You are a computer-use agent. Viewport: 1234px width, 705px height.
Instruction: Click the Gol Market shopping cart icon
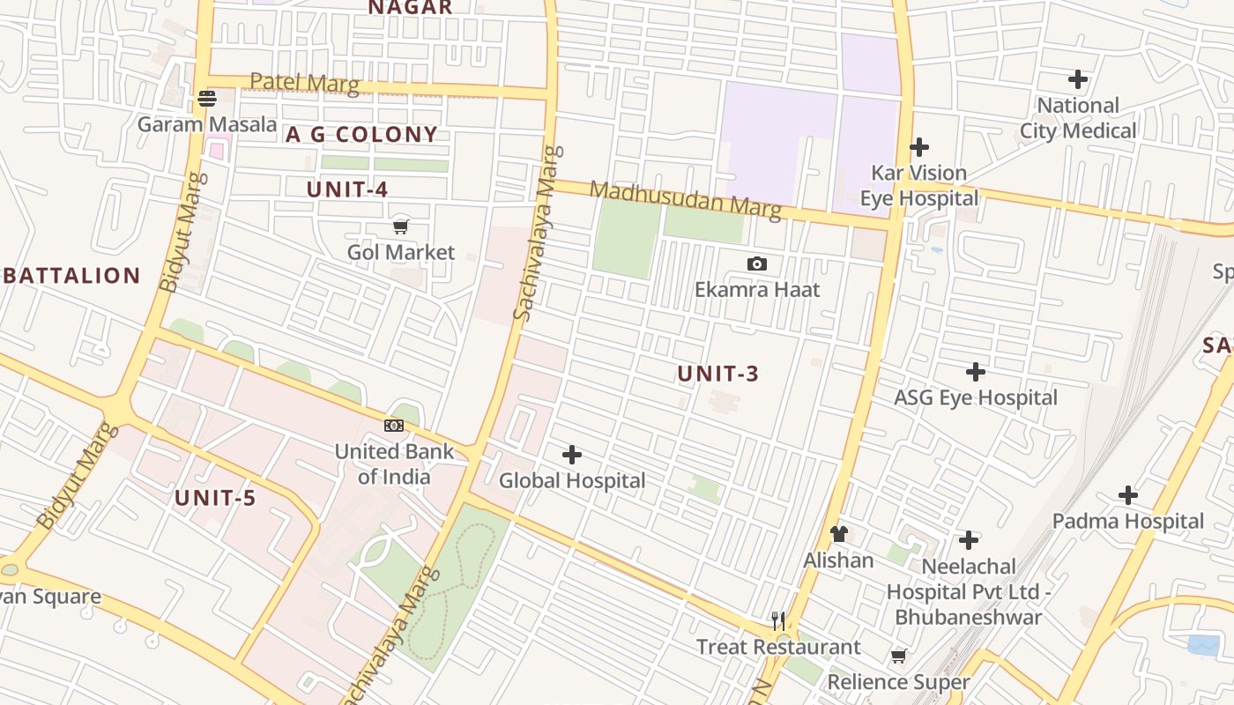401,226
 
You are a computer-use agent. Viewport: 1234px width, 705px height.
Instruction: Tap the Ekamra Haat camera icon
756,263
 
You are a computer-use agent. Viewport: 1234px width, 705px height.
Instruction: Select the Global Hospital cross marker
572,455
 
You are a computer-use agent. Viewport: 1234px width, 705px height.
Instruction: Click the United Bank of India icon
394,426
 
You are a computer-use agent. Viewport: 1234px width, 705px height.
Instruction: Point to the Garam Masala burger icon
207,98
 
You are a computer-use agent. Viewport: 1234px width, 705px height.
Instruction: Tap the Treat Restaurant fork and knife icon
778,621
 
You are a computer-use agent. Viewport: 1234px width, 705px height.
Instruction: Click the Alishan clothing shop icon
838,534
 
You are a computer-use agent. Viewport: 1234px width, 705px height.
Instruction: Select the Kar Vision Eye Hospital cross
919,146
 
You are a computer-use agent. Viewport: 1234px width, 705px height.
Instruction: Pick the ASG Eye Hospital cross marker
976,371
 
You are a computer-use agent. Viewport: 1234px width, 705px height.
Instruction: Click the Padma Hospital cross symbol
1128,495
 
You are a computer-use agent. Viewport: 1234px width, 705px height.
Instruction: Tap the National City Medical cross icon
1078,79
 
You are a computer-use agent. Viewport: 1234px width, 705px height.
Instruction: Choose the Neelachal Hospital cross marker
969,540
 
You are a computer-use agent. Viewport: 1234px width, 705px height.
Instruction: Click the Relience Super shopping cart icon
899,656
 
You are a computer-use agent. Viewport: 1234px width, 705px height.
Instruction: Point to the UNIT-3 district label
717,374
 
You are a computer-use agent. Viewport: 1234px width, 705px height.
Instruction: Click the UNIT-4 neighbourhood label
347,189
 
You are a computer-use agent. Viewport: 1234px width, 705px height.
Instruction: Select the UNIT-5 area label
215,498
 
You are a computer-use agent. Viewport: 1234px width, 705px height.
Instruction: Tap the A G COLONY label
361,135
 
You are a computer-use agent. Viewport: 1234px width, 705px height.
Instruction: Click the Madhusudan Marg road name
685,200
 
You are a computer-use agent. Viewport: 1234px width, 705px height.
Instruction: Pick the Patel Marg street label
304,83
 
